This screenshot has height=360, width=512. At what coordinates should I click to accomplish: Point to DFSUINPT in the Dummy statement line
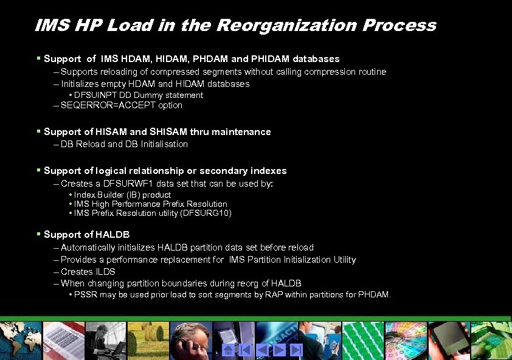tap(94, 95)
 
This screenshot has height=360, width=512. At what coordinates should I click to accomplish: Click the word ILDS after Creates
tap(105, 271)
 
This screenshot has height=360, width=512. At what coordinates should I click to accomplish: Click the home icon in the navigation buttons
tap(228, 350)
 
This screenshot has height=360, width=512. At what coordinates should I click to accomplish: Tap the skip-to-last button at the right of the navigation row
tap(296, 350)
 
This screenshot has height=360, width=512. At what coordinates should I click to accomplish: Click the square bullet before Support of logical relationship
tap(38, 170)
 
